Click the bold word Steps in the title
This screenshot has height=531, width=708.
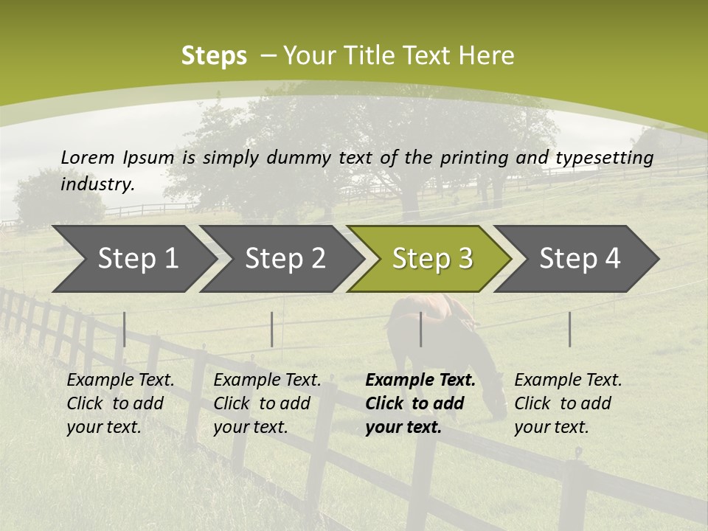[214, 56]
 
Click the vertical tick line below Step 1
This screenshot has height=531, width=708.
[125, 329]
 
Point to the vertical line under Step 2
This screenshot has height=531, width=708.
[272, 329]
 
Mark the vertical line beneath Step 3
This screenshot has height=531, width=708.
[421, 329]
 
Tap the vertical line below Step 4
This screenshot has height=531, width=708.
[570, 329]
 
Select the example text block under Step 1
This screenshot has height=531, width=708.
[120, 403]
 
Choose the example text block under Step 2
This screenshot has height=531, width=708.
[267, 403]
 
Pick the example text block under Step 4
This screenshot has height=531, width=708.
[568, 403]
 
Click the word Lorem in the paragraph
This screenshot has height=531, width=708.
[88, 157]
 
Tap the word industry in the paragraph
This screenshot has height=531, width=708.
[97, 184]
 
